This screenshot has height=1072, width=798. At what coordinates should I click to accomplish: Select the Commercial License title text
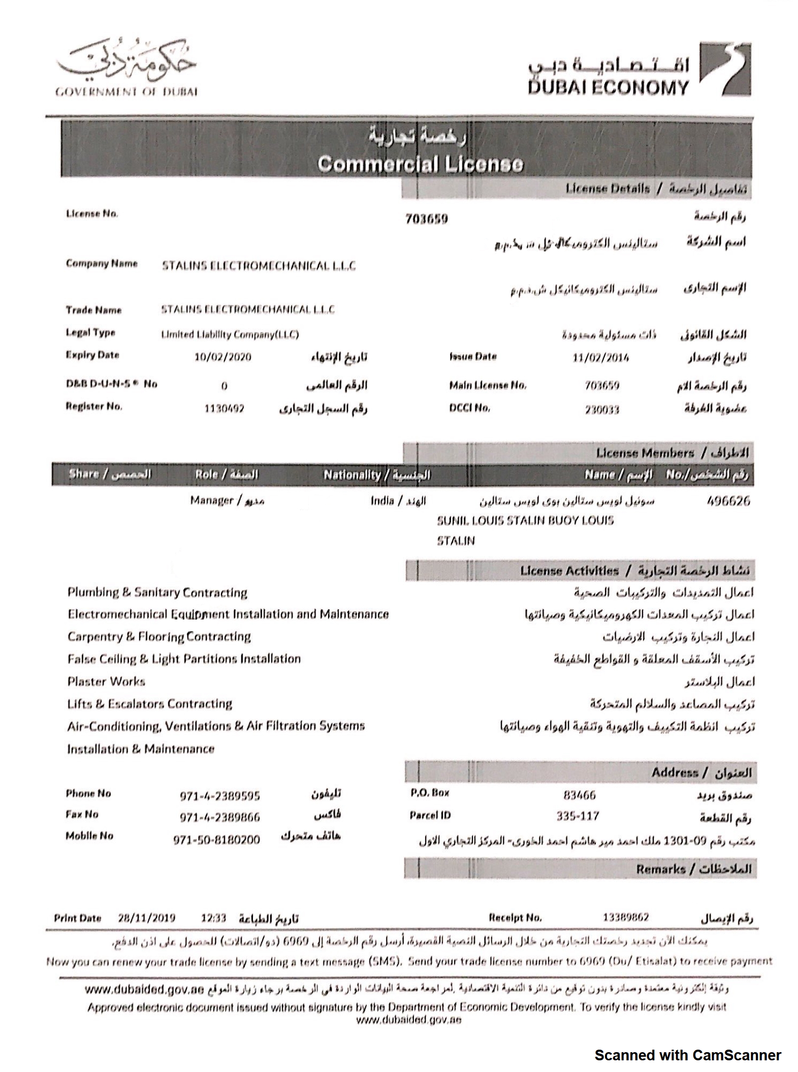(x=420, y=164)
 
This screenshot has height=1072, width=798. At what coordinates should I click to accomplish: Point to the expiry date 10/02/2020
(x=222, y=357)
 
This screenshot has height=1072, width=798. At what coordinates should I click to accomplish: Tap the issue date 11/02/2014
(x=600, y=358)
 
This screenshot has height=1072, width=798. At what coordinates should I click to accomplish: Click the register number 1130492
(x=224, y=409)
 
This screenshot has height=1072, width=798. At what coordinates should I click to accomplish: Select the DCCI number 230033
(x=601, y=409)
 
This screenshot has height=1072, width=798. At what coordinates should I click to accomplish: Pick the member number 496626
(x=728, y=501)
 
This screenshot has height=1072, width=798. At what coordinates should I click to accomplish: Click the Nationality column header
(x=376, y=475)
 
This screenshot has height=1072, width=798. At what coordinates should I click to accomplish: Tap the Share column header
(x=110, y=474)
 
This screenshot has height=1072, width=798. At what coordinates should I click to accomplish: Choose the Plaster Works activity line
(x=106, y=681)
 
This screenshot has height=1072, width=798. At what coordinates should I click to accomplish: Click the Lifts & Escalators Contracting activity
(x=149, y=704)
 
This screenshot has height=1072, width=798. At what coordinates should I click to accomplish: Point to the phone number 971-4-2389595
(x=219, y=796)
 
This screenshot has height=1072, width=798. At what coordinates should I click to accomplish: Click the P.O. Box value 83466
(x=579, y=795)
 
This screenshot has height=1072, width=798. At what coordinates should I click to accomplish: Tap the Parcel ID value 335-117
(x=578, y=816)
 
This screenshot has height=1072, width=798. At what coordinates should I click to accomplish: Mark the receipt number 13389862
(x=625, y=917)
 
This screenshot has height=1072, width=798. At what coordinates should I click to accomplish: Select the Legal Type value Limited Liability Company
(x=230, y=335)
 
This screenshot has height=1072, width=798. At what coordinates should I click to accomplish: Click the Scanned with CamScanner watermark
(x=687, y=1055)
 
